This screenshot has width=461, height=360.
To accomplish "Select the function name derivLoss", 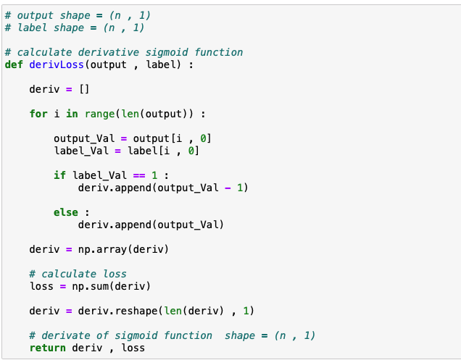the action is click(x=53, y=64).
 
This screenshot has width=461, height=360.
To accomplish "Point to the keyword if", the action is click(x=59, y=175).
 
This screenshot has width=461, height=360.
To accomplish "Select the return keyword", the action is click(x=47, y=348).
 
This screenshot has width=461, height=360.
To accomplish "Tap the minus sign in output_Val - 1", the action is click(x=227, y=188).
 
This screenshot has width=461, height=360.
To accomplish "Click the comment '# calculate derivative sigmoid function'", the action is click(x=123, y=52).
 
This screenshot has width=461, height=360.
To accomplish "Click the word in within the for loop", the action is click(x=72, y=114).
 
